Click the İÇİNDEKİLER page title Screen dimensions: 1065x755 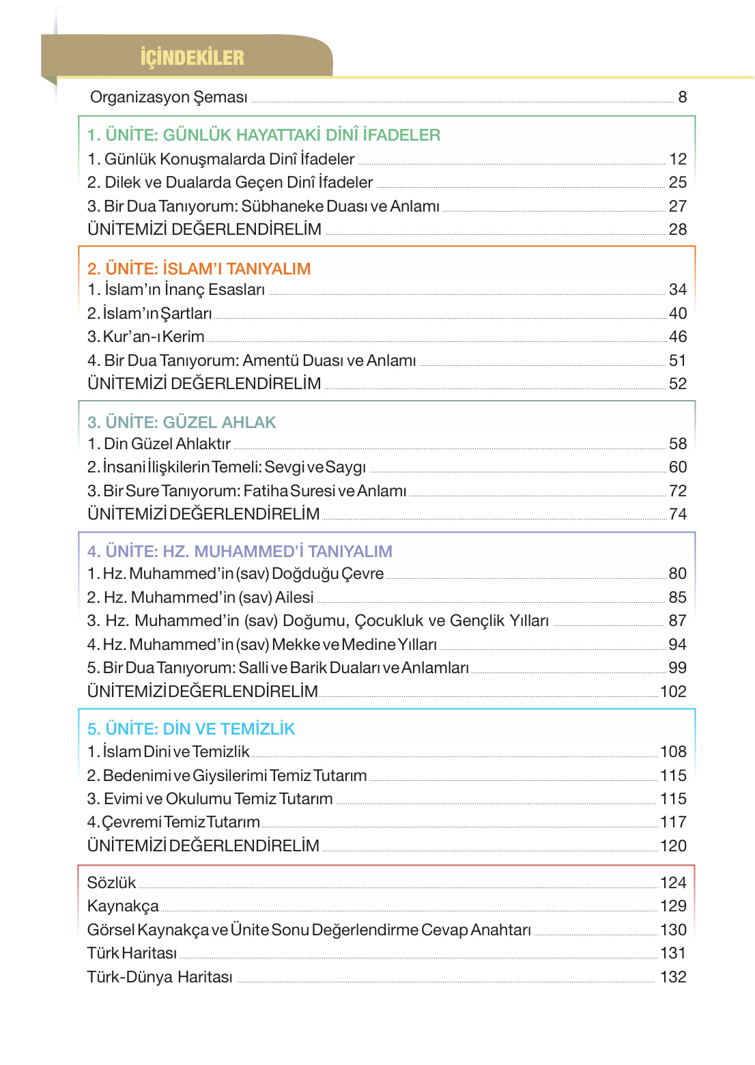click(x=192, y=57)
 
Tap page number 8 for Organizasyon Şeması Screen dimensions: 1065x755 click(x=682, y=97)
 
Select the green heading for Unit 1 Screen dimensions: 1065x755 click(x=263, y=135)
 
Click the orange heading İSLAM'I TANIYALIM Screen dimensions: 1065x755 click(x=199, y=268)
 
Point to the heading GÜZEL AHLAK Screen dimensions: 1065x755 click(x=182, y=423)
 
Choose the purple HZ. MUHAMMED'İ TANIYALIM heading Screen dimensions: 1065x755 click(x=240, y=551)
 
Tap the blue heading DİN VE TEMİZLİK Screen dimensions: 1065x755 click(x=191, y=728)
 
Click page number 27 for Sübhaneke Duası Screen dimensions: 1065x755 click(x=677, y=206)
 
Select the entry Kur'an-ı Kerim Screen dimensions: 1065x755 click(x=146, y=337)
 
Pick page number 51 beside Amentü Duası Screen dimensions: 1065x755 click(x=677, y=360)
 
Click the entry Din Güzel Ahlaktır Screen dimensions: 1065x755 click(x=159, y=444)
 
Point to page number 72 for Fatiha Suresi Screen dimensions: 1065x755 click(x=677, y=491)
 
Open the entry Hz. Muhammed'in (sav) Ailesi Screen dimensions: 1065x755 click(x=200, y=597)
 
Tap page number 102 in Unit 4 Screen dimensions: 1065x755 click(x=673, y=692)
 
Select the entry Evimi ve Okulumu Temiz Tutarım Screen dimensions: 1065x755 click(x=210, y=799)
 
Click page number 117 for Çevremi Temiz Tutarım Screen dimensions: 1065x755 click(x=673, y=822)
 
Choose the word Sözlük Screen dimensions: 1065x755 click(x=111, y=883)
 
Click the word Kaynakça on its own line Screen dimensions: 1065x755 click(x=123, y=906)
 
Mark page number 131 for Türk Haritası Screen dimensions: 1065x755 click(x=673, y=953)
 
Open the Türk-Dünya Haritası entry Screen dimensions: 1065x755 click(x=160, y=977)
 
